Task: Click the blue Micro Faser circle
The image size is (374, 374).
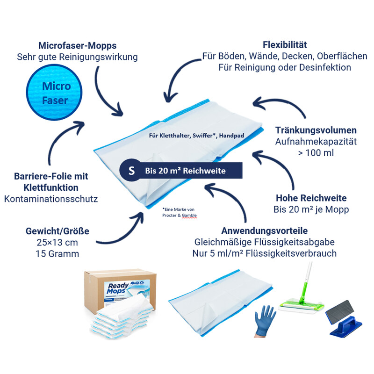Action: click(x=56, y=93)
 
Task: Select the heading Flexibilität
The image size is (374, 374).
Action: click(x=285, y=45)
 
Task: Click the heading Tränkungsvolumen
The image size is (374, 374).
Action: click(x=316, y=130)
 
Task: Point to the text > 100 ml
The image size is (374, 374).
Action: click(x=316, y=152)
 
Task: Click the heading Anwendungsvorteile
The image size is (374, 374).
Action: click(x=265, y=231)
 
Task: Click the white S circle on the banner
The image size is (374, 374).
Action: click(x=131, y=171)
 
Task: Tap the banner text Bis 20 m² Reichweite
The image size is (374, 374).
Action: click(x=185, y=171)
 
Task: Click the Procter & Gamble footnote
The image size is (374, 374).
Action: click(x=180, y=213)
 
